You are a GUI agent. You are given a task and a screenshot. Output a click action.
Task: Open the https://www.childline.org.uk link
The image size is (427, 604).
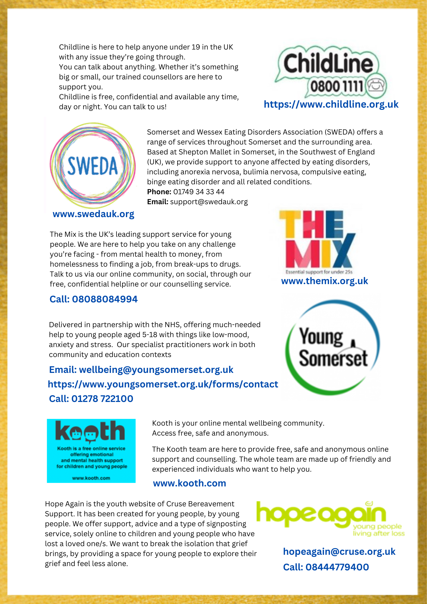tap(331, 104)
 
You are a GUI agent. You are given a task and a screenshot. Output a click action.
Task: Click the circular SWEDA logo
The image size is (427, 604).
tap(92, 165)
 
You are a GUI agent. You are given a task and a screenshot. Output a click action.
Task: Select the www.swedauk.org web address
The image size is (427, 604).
tap(93, 214)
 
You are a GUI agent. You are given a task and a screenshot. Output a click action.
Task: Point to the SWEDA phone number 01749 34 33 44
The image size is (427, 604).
tap(199, 192)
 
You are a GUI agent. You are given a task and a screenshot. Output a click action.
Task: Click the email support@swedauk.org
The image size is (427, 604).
tap(209, 202)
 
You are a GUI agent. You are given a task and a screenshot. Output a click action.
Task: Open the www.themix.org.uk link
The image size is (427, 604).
tap(324, 281)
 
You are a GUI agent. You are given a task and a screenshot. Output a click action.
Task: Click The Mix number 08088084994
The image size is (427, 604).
tap(105, 299)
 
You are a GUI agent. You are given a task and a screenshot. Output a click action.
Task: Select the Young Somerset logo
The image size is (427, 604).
tap(333, 347)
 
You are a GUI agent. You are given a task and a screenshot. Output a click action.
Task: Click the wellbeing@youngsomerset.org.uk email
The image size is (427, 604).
tap(156, 370)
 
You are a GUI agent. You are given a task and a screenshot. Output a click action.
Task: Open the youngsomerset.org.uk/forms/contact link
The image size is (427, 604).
tap(163, 384)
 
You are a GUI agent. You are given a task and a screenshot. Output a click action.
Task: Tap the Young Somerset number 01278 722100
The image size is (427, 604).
tap(102, 399)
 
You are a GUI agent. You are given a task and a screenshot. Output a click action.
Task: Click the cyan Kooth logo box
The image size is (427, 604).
tap(91, 451)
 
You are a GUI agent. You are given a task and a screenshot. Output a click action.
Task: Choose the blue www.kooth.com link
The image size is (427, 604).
tap(189, 483)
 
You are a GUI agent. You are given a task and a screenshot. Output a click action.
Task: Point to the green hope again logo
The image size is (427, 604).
tap(330, 518)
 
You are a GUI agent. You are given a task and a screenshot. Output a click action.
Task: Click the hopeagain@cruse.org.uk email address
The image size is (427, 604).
tap(339, 552)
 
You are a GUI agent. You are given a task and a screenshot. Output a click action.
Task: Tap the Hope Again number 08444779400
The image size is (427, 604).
tap(337, 567)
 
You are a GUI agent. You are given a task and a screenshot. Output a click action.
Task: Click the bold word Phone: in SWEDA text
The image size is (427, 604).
tap(159, 192)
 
